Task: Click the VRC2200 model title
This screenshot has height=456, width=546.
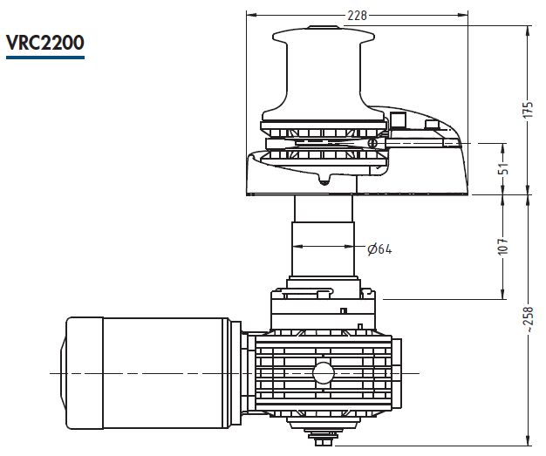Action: (45, 43)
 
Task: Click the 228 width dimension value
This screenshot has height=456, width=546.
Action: (358, 16)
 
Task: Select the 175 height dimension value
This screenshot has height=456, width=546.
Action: (529, 109)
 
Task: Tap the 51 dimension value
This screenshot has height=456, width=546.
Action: (505, 168)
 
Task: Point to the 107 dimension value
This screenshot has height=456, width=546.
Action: (503, 247)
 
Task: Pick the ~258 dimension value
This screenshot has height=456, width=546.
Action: (529, 319)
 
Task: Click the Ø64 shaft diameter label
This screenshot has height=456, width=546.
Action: (379, 248)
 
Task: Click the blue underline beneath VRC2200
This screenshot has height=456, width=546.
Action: (45, 58)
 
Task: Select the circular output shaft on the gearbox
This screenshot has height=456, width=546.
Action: (323, 373)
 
